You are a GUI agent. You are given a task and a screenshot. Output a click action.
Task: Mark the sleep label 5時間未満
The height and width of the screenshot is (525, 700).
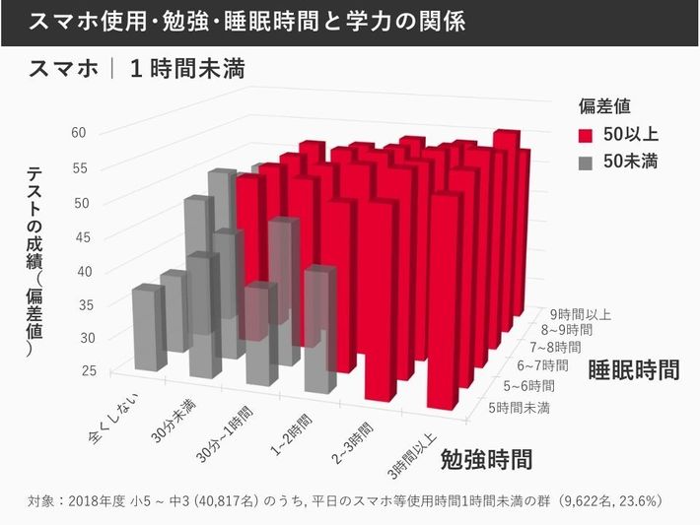point(519,406)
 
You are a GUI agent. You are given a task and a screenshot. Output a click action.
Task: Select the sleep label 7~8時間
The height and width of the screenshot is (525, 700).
point(556,348)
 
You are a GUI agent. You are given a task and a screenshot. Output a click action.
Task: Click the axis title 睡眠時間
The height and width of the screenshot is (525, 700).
point(634,370)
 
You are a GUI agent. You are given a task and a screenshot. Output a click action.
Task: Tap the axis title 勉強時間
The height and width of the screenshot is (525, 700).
point(486,458)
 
